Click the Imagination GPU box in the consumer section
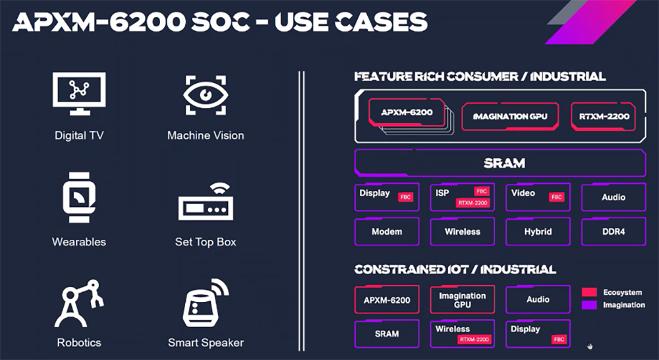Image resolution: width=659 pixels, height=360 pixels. coord(510,117)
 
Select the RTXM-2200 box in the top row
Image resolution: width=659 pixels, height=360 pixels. coord(604,117)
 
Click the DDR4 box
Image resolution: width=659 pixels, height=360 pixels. coord(613,231)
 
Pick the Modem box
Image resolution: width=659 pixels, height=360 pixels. coord(387,231)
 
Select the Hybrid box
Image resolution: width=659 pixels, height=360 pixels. coord(538,231)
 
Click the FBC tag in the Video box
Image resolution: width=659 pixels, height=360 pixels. coord(557,197)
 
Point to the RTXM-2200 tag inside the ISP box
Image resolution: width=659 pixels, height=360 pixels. coord(472,203)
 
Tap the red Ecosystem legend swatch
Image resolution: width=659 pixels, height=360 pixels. coord(589,292)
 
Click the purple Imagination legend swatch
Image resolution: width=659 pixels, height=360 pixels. coord(589,305)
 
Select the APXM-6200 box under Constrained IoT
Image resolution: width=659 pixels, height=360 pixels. coord(387,300)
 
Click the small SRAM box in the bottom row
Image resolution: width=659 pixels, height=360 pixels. coord(387,334)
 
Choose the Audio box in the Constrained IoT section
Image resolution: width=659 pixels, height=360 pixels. coord(538,299)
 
